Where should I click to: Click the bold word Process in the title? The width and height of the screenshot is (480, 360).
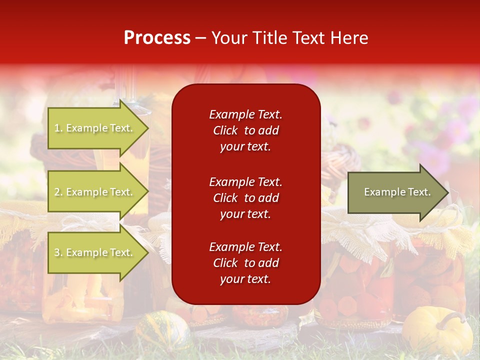pyautogui.click(x=157, y=38)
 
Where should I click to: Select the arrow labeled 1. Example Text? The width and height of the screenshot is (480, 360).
pyautogui.click(x=95, y=128)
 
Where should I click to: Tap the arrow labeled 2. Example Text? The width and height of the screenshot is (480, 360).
pyautogui.click(x=95, y=192)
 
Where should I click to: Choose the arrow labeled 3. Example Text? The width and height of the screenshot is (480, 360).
pyautogui.click(x=95, y=252)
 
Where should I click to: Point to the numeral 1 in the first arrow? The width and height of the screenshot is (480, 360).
pyautogui.click(x=57, y=128)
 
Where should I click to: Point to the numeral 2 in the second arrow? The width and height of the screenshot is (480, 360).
pyautogui.click(x=57, y=192)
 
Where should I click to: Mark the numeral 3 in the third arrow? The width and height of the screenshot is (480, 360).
pyautogui.click(x=57, y=253)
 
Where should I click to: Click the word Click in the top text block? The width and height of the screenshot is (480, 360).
pyautogui.click(x=225, y=130)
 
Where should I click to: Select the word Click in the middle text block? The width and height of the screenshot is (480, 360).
pyautogui.click(x=225, y=198)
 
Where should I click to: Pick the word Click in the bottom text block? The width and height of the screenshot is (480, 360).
pyautogui.click(x=225, y=263)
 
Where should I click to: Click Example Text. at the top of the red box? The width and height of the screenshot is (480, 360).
pyautogui.click(x=245, y=114)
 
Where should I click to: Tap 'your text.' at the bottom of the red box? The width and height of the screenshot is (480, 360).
pyautogui.click(x=245, y=279)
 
